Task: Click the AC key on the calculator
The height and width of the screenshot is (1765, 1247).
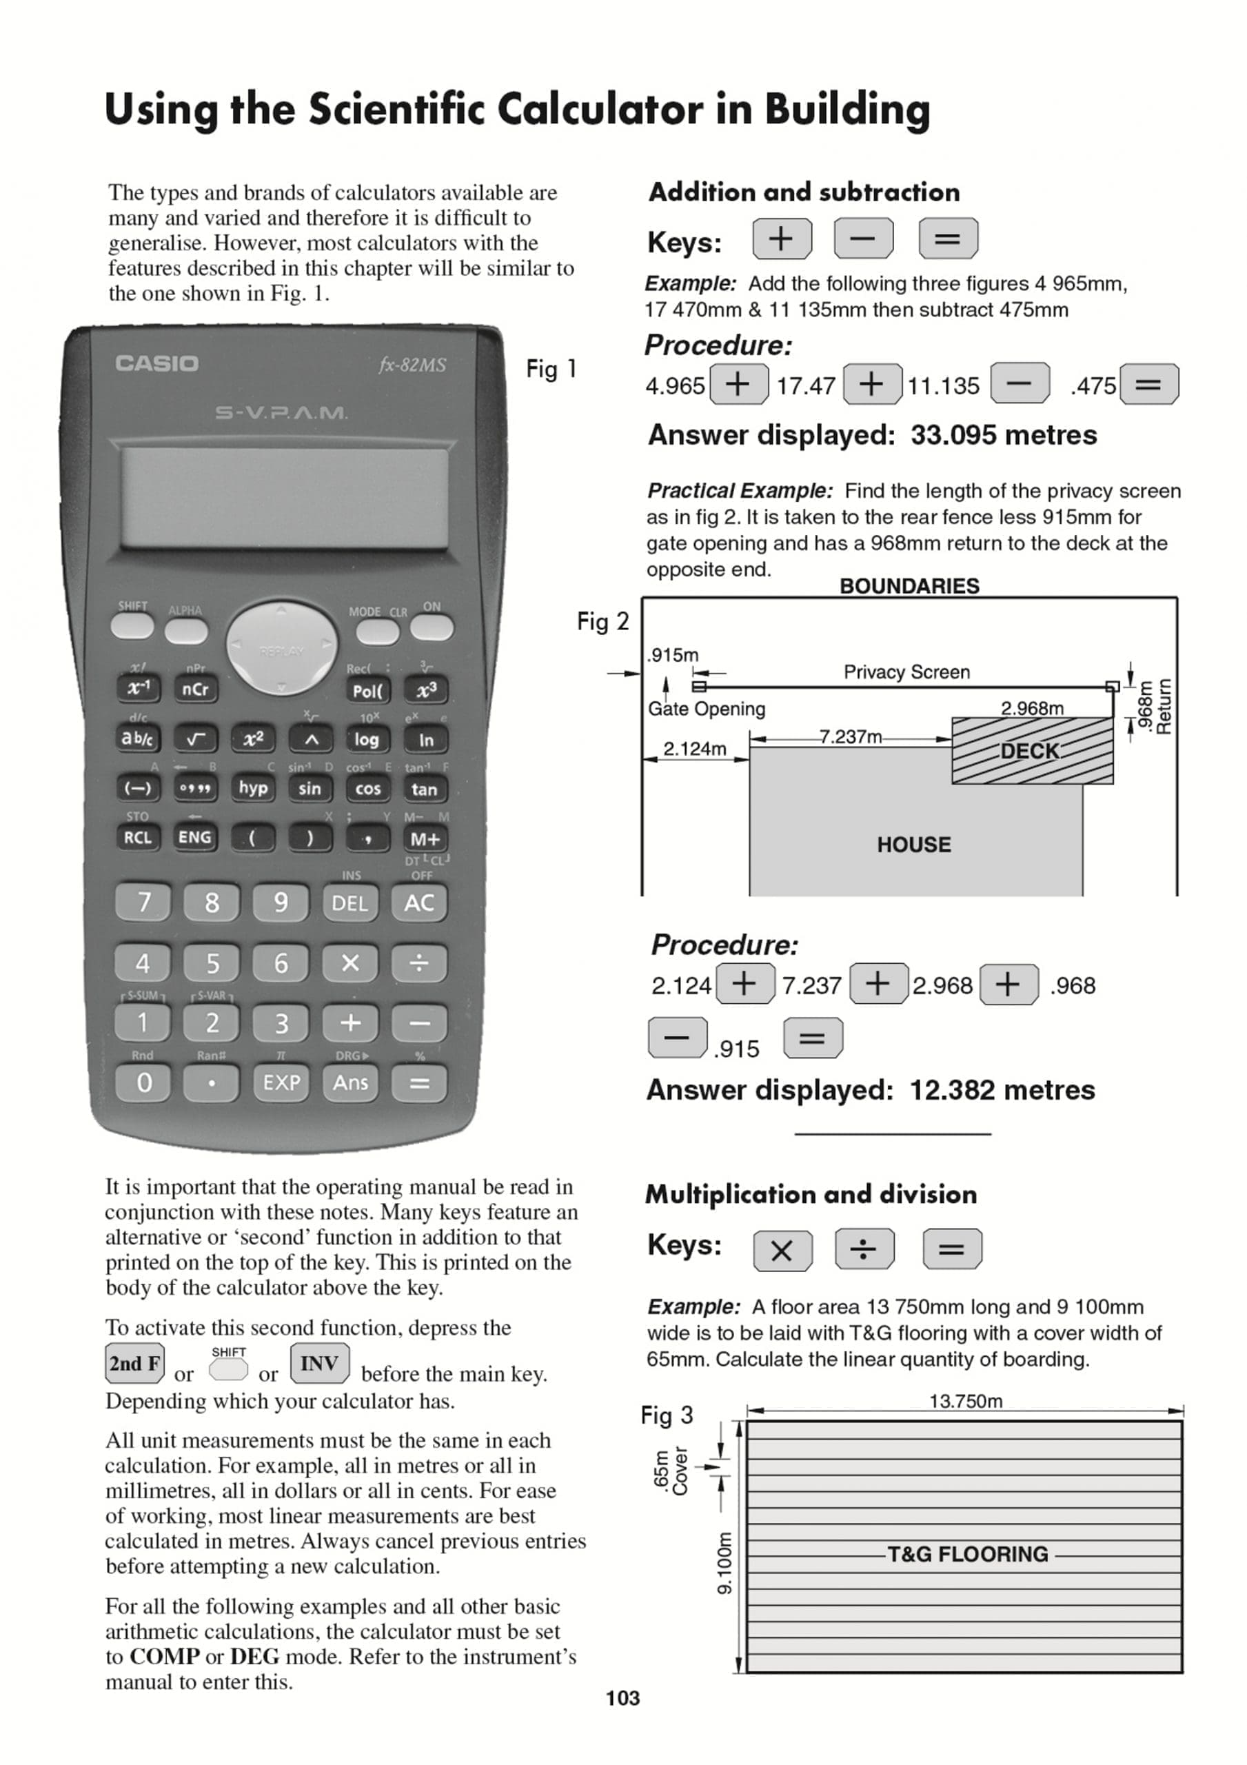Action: [x=419, y=902]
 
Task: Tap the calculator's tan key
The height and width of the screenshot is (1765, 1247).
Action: [x=425, y=789]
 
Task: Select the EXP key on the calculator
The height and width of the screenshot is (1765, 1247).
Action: [x=281, y=1082]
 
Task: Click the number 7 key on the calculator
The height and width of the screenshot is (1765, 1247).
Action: [x=144, y=902]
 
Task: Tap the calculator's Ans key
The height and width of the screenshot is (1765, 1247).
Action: [x=351, y=1082]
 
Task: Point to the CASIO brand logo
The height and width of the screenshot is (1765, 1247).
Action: [x=157, y=363]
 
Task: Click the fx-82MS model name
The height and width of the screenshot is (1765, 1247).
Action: [x=412, y=365]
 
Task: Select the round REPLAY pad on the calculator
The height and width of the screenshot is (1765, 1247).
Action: [x=281, y=647]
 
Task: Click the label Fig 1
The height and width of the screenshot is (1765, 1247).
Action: [x=551, y=369]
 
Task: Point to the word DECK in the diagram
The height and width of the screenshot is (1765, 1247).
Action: [x=1029, y=751]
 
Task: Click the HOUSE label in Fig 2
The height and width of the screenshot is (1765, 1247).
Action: [x=913, y=845]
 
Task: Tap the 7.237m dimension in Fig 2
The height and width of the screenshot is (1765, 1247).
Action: [x=851, y=736]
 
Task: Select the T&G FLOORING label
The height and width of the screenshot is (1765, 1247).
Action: [x=967, y=1554]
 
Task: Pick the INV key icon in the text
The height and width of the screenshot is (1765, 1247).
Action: [x=320, y=1364]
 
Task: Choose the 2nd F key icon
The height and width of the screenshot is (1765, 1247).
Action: [x=134, y=1364]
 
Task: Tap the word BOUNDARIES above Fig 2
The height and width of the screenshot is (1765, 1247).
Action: [x=909, y=586]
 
